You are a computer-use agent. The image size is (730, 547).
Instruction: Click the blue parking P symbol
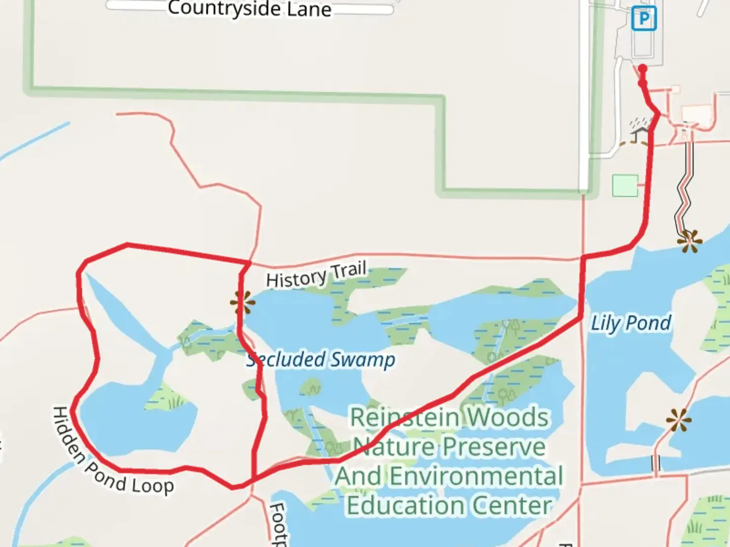[x=644, y=19]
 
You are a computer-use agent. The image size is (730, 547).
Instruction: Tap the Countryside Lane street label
[x=249, y=9]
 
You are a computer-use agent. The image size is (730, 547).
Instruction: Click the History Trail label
[x=316, y=275]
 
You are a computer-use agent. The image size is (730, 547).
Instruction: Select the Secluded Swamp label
[x=320, y=360]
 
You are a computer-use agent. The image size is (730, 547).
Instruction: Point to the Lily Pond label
[x=631, y=323]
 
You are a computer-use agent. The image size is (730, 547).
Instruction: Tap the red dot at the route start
[x=642, y=68]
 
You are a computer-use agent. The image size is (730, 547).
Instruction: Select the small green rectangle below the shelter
[x=625, y=185]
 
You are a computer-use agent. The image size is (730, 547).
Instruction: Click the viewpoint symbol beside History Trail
[x=243, y=303]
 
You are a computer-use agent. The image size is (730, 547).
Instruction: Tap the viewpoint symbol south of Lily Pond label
[x=678, y=420]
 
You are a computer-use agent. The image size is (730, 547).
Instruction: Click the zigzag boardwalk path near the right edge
[x=685, y=187]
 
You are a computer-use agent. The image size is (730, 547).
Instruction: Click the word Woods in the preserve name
[x=507, y=418]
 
